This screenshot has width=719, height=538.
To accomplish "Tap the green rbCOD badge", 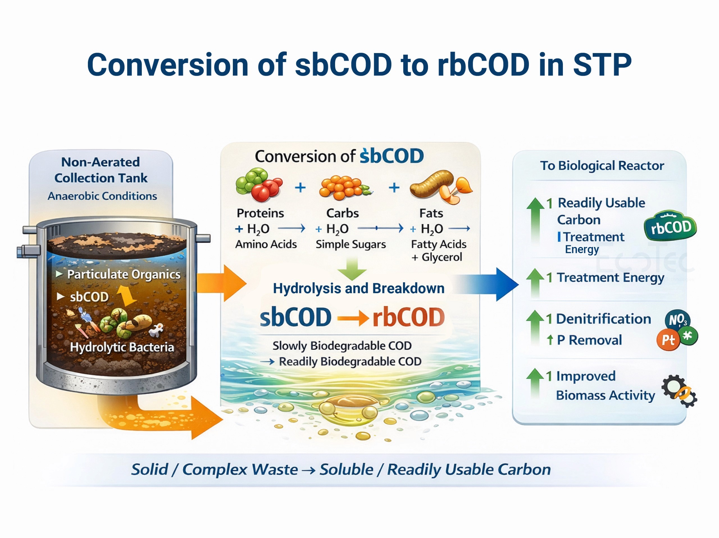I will click(x=670, y=226).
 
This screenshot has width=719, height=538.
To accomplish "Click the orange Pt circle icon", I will click(x=668, y=340).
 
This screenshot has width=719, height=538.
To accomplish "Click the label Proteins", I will click(x=260, y=213).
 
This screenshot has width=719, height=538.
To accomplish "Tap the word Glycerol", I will click(x=442, y=257).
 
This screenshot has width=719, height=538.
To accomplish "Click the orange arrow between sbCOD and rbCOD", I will click(x=352, y=318).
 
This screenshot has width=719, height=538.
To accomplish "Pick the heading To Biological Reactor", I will click(x=602, y=166).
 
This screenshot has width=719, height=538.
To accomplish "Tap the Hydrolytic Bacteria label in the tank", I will click(x=122, y=347).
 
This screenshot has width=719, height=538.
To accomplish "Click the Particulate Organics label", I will click(x=124, y=274).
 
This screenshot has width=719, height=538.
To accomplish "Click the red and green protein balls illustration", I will click(x=258, y=185).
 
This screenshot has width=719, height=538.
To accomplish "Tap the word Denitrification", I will click(x=603, y=319).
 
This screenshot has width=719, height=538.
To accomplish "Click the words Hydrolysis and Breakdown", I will click(x=359, y=288).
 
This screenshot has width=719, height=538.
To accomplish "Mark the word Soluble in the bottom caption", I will click(x=346, y=470).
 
